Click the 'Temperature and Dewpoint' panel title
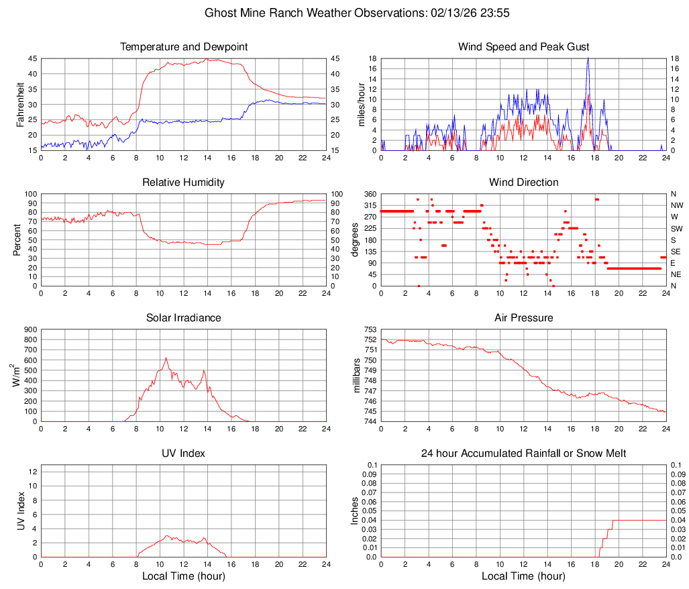(x=184, y=47)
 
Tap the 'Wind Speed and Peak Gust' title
(x=523, y=47)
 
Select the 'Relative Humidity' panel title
(x=184, y=182)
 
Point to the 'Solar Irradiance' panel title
(x=184, y=318)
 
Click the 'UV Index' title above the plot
(x=184, y=453)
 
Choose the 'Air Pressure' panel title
(x=523, y=318)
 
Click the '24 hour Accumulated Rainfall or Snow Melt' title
(x=523, y=453)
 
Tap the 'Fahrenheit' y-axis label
(x=19, y=104)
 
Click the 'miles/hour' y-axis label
(x=362, y=104)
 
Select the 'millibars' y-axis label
(x=358, y=376)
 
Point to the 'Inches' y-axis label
(x=356, y=511)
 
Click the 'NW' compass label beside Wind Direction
(x=677, y=205)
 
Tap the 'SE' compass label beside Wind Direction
(x=676, y=252)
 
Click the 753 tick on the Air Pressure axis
(x=371, y=329)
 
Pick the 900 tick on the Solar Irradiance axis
(x=31, y=329)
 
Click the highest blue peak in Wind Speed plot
(x=588, y=58)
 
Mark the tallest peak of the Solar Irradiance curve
(x=166, y=358)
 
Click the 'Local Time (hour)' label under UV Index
(x=184, y=576)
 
